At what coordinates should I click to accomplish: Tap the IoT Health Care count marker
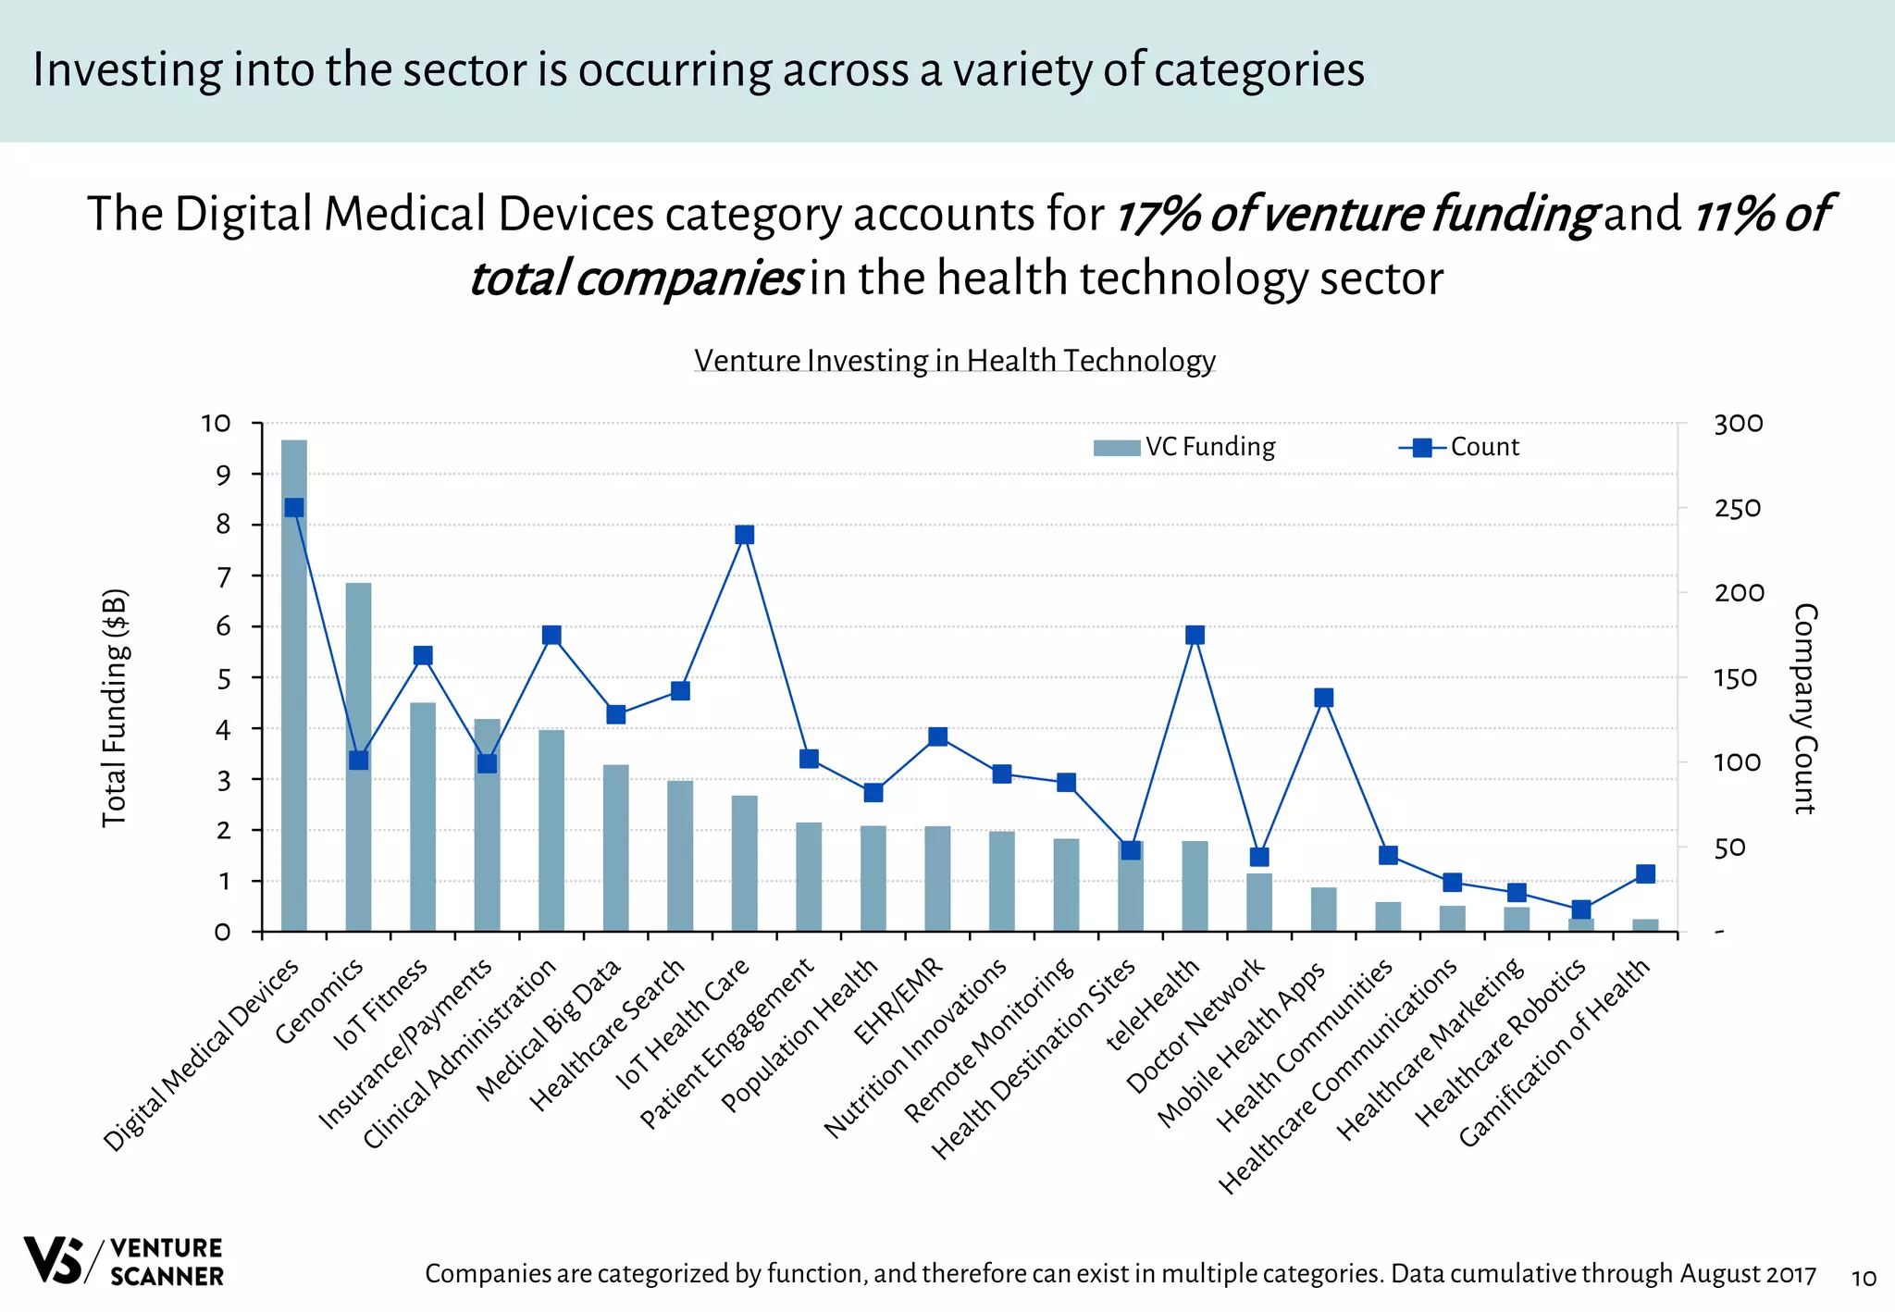745,535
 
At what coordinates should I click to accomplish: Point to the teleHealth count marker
1195,635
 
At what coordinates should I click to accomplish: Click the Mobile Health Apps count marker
1323,698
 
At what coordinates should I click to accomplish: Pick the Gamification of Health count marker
1645,873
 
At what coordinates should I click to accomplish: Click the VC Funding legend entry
1184,447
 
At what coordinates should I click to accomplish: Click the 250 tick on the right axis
1737,509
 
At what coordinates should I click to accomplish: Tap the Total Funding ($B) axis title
114,708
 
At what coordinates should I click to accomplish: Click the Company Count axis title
1805,708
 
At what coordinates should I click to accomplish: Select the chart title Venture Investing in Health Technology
954,360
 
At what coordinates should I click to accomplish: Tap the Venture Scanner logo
123,1261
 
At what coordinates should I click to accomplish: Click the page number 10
1863,1279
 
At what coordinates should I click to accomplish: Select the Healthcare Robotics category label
1502,1041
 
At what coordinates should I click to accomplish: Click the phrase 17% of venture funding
1355,214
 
